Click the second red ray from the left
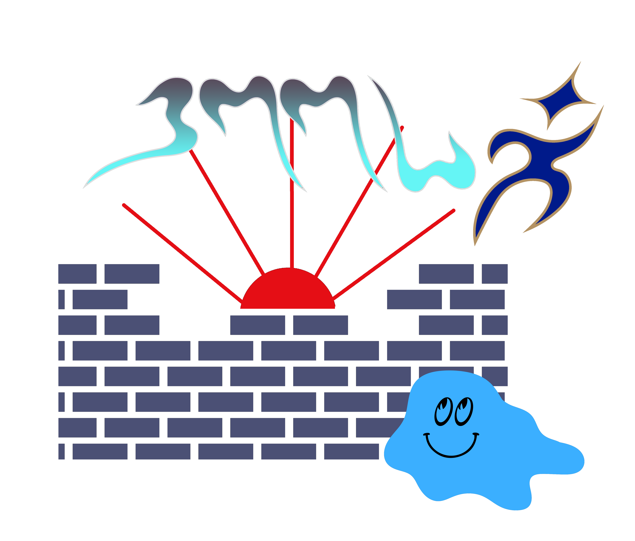pyautogui.click(x=227, y=211)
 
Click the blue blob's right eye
pyautogui.click(x=463, y=412)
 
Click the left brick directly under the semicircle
pyautogui.click(x=257, y=325)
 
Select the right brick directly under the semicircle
pyautogui.click(x=320, y=325)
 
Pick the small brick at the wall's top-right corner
pyautogui.click(x=494, y=274)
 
